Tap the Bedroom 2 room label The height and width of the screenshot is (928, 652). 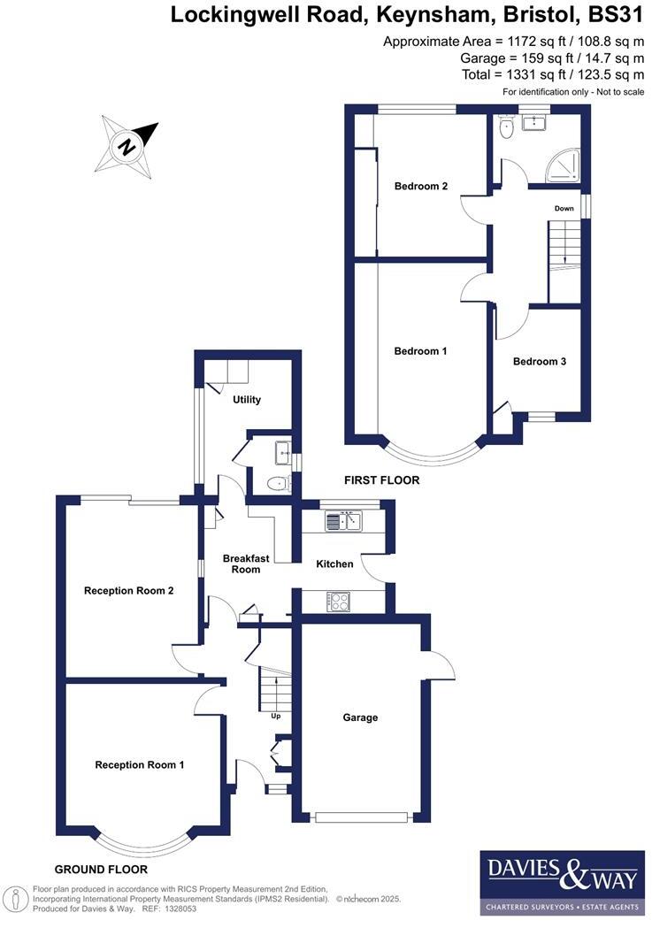coord(420,186)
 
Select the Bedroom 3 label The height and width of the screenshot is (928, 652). coord(540,361)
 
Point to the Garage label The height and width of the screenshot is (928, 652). coord(360,717)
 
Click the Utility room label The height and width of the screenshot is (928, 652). coord(246,400)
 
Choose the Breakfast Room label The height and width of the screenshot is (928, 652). coord(241,564)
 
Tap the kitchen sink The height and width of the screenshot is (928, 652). coord(344,521)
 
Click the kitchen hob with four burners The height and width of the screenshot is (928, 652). coord(339,602)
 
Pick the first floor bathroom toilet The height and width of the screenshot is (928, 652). coord(505,131)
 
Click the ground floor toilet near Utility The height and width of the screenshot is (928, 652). coord(277,483)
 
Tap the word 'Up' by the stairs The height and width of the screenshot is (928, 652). coord(275,717)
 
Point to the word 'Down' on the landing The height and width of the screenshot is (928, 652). coord(564,209)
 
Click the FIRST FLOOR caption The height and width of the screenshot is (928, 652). coord(381,480)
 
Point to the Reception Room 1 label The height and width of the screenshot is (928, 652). coord(140,765)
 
